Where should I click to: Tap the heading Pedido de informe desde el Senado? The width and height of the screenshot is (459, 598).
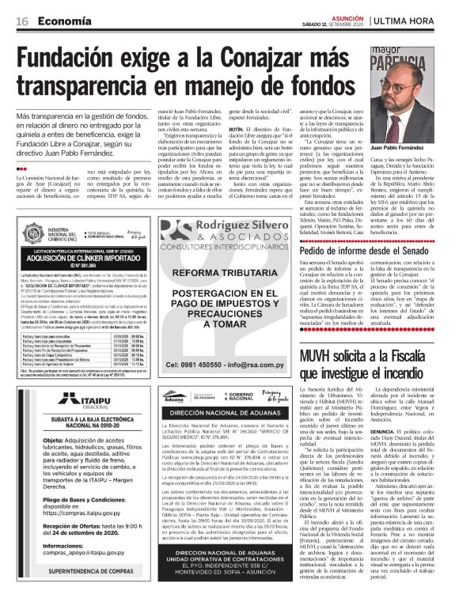point(369,252)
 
